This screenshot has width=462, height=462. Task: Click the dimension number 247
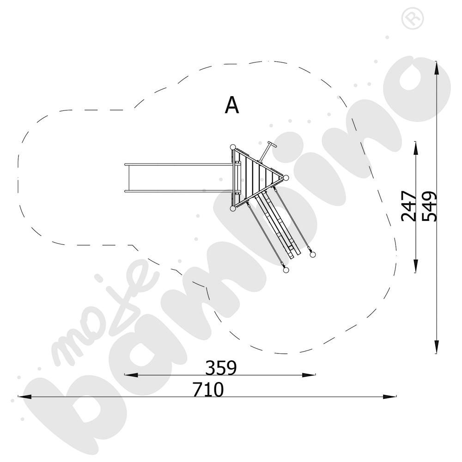click(409, 206)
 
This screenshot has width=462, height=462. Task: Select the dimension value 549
click(429, 206)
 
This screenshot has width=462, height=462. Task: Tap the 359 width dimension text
click(221, 367)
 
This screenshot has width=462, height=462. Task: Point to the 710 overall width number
click(208, 389)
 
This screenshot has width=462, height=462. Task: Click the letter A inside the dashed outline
click(232, 105)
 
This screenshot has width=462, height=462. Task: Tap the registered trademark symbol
click(413, 18)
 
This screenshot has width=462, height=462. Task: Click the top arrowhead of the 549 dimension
click(437, 68)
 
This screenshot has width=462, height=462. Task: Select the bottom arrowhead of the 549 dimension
click(437, 347)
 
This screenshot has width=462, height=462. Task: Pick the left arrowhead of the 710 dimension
click(25, 396)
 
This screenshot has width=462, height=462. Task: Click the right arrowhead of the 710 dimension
click(389, 396)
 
